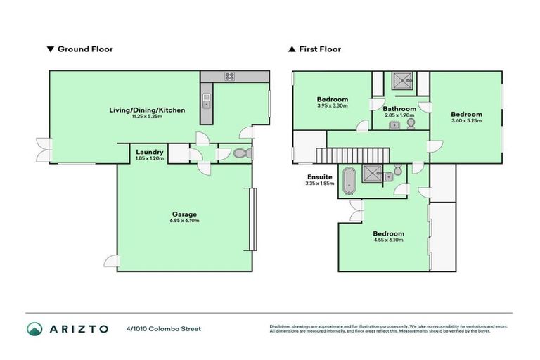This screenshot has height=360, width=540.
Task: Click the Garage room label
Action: click(x=185, y=214)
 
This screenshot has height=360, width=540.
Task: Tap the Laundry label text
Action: click(x=150, y=151)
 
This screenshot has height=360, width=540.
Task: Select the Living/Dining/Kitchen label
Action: click(x=146, y=110)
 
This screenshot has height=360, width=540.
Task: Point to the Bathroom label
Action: click(x=399, y=109)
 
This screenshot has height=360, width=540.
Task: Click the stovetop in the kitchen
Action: click(x=229, y=77)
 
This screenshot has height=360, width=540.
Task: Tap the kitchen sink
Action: click(x=206, y=103)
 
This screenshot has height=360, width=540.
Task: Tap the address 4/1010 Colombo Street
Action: click(x=164, y=328)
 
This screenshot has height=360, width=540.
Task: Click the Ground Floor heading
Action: click(x=85, y=49)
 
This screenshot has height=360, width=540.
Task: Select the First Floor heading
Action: click(x=319, y=49)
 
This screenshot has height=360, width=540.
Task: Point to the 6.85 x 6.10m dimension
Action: click(x=185, y=221)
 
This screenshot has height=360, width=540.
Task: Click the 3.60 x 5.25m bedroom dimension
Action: click(x=466, y=121)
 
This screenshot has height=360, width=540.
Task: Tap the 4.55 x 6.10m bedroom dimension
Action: click(x=388, y=240)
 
